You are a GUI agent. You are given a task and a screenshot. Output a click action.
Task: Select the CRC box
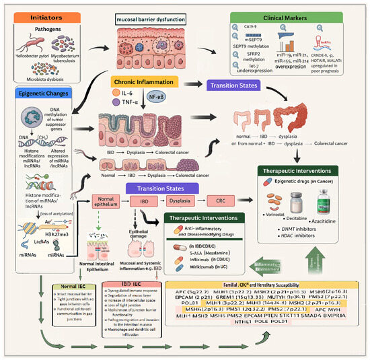(219, 202)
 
